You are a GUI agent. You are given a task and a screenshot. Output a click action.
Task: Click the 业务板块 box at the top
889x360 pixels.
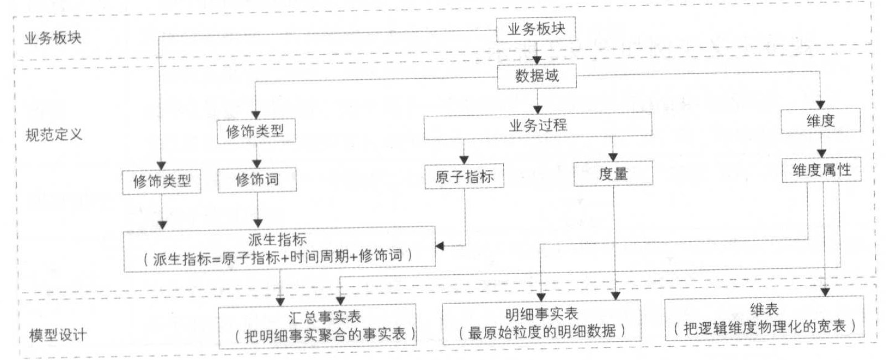535,29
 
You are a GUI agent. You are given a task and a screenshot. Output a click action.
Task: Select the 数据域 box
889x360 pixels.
536,76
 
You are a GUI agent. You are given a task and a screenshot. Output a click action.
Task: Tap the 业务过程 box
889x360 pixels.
537,126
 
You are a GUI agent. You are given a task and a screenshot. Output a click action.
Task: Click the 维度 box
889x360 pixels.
820,121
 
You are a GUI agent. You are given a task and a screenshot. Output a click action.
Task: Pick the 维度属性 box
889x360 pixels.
821,171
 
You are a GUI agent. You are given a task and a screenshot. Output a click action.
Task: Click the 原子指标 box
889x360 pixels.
464,177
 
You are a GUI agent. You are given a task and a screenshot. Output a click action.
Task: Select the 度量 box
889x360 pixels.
613,174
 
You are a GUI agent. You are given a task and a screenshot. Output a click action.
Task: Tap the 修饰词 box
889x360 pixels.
257,180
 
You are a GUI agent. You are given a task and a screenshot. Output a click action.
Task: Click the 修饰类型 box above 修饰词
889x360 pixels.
255,132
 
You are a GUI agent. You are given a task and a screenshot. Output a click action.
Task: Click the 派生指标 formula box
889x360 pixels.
278,249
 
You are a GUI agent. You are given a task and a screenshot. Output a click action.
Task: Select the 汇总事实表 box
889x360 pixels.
317,326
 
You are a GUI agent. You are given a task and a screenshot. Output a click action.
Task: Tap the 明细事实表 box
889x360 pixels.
541,323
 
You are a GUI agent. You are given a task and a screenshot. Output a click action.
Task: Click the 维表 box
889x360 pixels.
764,318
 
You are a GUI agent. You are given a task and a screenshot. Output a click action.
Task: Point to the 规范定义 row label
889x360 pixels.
54,135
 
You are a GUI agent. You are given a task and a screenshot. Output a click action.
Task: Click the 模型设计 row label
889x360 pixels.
58,335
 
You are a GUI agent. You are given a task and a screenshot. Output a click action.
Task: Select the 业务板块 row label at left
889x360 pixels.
53,38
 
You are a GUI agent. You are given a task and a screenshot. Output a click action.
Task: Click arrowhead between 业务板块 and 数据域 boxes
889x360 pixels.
536,60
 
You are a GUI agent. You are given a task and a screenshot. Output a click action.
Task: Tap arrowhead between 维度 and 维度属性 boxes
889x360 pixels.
821,153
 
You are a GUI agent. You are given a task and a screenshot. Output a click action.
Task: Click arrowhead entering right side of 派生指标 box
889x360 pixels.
440,246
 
